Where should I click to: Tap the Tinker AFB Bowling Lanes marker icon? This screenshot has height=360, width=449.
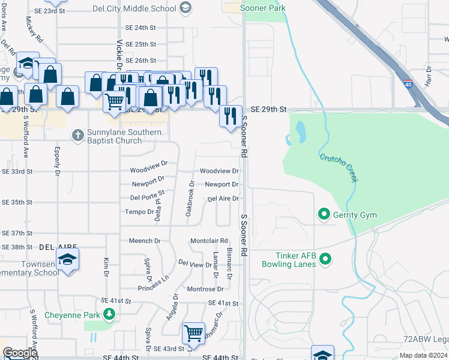point(325,259)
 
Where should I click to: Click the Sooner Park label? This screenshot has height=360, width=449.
point(262,8)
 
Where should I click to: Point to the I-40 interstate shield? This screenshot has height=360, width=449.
point(408,85)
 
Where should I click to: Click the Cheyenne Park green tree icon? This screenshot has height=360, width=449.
point(109,313)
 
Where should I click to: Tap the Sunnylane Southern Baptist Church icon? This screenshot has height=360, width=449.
point(77,136)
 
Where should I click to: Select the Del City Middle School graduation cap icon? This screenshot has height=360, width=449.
point(186,8)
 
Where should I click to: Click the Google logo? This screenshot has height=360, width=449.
point(20,353)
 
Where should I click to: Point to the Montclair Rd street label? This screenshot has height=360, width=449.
point(209,241)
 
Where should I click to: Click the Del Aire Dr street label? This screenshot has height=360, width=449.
point(223,199)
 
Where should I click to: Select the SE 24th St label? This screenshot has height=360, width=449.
point(140,28)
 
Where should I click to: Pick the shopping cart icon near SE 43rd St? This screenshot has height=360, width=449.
point(193,333)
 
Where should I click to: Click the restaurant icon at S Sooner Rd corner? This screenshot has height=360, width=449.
point(231,116)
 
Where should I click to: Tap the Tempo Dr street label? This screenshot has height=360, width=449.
point(139,211)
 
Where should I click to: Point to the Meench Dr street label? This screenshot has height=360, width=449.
point(145,241)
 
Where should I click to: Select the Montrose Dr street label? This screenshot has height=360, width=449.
point(205,289)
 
